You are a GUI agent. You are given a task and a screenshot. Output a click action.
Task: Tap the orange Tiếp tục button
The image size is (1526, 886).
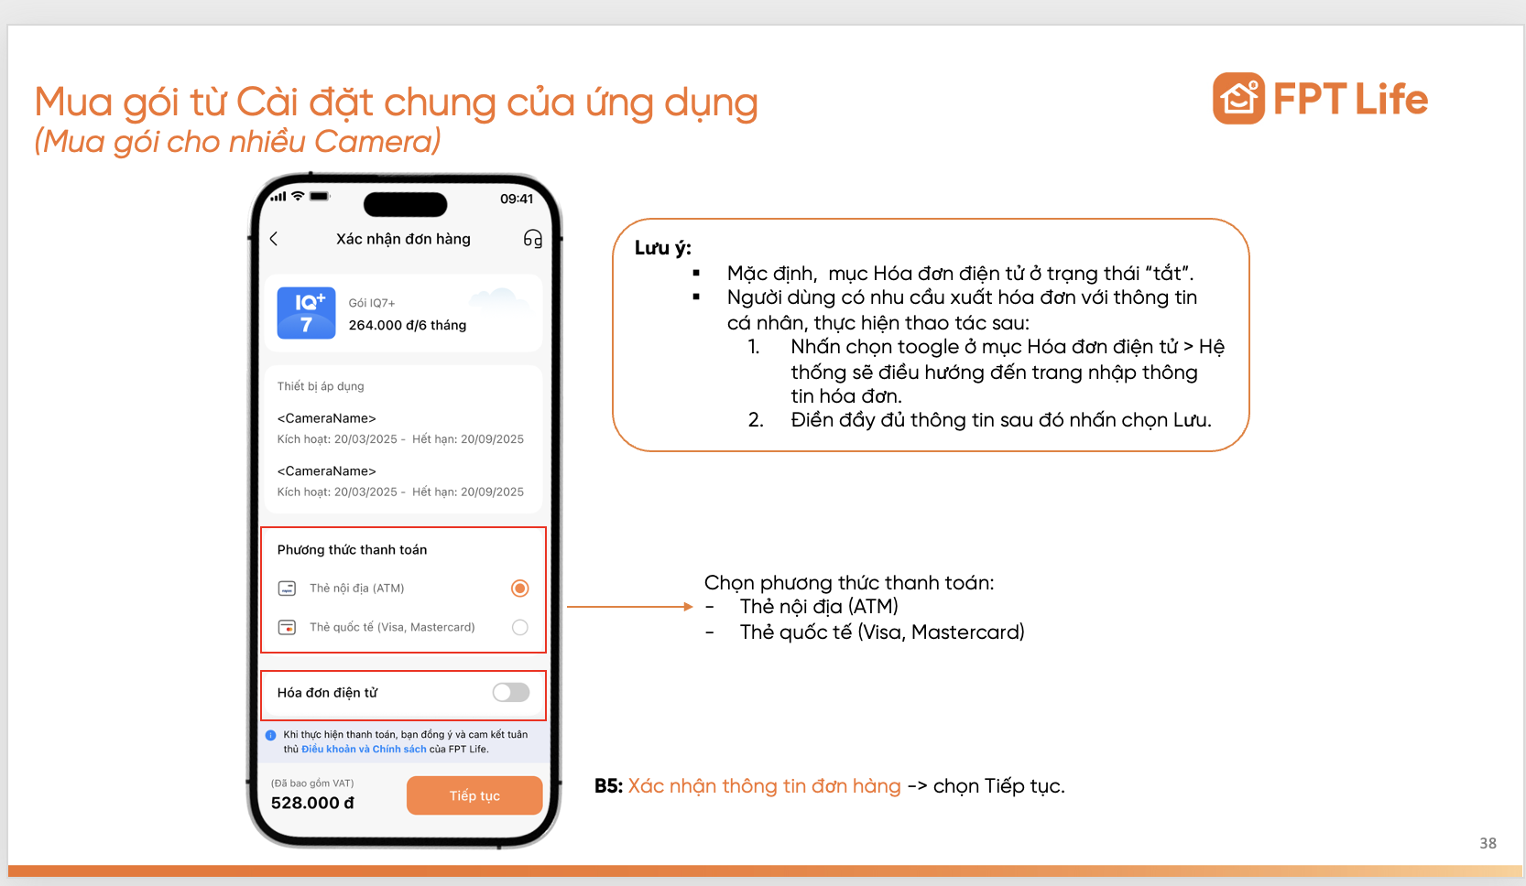[474, 795]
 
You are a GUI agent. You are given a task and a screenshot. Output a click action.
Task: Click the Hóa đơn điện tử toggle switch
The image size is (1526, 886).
[511, 693]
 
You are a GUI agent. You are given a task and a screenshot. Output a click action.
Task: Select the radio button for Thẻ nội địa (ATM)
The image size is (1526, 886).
[519, 589]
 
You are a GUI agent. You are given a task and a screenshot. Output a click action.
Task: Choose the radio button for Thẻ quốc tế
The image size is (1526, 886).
[519, 628]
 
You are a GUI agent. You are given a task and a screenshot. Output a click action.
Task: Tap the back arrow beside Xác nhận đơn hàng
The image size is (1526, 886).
[274, 239]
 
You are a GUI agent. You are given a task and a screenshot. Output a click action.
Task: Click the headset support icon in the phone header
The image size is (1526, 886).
[533, 239]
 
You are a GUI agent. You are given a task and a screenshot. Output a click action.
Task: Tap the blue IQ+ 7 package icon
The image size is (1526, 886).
[306, 313]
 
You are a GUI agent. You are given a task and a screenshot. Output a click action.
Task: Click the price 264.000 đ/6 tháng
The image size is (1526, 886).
[407, 325]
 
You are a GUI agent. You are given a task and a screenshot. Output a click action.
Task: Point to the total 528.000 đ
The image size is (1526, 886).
[312, 803]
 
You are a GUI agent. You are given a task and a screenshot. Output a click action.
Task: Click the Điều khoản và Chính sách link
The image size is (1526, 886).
[364, 750]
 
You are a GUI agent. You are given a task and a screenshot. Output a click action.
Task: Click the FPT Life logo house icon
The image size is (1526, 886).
[1238, 99]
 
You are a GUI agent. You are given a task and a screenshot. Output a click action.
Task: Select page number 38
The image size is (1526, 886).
[1488, 843]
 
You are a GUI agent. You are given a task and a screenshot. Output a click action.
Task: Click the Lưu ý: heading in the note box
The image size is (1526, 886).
[662, 248]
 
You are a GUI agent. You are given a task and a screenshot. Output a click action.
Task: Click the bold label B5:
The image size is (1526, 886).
[608, 786]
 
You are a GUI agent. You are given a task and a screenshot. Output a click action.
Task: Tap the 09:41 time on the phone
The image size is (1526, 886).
[517, 199]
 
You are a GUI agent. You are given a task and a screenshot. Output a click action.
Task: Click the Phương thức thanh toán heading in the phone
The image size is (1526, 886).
[352, 550]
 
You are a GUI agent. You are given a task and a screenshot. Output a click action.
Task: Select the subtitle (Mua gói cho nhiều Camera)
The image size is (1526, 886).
[237, 142]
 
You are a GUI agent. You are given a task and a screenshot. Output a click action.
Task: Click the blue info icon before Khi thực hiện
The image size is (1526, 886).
[270, 735]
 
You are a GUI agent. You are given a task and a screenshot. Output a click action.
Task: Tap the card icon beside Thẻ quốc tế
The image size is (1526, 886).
[287, 628]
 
